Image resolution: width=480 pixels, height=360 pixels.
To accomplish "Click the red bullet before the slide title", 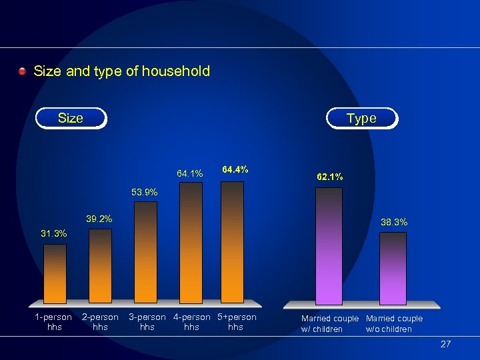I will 23,71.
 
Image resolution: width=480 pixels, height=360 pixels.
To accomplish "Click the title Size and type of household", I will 121,71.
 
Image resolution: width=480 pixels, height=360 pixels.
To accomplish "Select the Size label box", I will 71,118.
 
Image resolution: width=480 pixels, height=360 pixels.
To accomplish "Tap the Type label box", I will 361,118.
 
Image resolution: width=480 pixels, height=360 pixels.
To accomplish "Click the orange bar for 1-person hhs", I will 55,274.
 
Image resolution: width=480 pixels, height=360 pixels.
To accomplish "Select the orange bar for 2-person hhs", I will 100,267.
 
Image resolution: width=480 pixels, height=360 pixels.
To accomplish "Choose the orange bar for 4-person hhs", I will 191,243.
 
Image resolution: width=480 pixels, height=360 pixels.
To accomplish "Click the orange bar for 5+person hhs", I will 233,243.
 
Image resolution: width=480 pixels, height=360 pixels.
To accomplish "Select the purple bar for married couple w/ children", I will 329,246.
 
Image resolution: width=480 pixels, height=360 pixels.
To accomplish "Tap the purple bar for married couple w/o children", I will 393,268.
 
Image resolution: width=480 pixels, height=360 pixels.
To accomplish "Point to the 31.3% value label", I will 54,233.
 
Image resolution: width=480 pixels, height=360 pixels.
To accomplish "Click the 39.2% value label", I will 99,219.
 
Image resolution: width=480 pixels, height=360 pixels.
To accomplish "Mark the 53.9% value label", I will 145,192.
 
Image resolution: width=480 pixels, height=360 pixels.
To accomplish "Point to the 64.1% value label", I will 190,173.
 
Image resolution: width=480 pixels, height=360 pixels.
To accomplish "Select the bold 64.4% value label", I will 235,170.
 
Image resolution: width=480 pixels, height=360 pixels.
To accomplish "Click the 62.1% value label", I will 329,177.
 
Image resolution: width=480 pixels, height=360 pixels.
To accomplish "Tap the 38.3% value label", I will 394,221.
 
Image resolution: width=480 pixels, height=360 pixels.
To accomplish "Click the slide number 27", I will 445,344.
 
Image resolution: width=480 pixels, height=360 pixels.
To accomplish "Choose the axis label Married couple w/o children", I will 394,323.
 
